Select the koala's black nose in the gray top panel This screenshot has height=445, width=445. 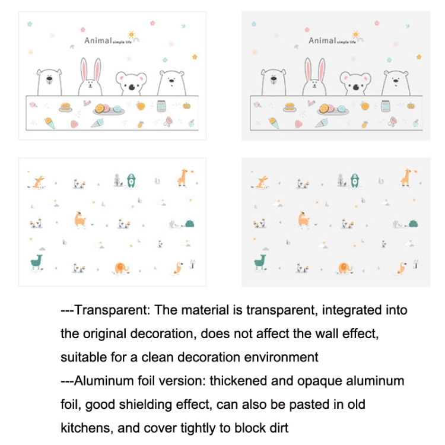click(355, 87)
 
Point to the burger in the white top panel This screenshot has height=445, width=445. click(65, 107)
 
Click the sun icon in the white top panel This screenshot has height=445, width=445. click(130, 35)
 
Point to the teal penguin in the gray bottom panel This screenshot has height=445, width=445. click(354, 179)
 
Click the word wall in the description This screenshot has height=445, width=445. click(309, 333)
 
